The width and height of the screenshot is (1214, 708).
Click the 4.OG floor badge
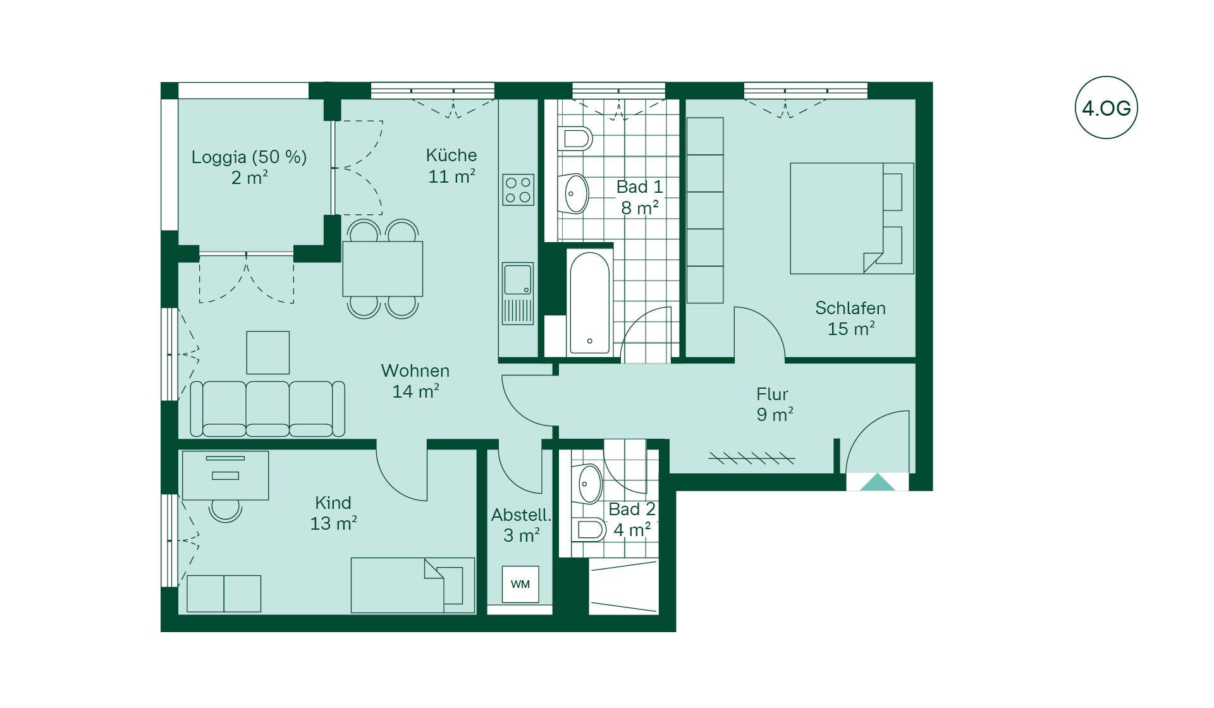click(x=1106, y=107)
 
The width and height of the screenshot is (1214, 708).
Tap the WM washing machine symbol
click(x=520, y=584)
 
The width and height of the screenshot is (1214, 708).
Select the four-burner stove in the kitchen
click(x=518, y=190)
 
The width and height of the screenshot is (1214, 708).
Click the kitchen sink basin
click(x=518, y=279)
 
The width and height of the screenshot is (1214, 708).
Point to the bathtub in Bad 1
click(x=589, y=303)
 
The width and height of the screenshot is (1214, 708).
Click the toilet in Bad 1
click(x=575, y=138)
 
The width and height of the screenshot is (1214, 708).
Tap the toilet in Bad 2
click(x=589, y=529)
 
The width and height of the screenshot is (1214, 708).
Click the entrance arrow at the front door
click(x=878, y=482)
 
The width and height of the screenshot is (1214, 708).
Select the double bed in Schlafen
click(x=852, y=218)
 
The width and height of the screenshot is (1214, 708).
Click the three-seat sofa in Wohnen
click(x=267, y=409)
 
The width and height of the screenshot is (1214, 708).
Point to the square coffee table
click(x=268, y=353)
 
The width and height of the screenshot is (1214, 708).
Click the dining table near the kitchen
click(x=383, y=269)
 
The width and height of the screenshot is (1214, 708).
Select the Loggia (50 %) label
click(x=249, y=157)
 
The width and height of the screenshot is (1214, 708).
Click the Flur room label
click(x=772, y=394)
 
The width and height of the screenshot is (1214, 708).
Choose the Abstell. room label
click(x=522, y=515)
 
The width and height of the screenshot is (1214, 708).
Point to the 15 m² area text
click(x=851, y=329)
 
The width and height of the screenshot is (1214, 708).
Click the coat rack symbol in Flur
click(x=751, y=458)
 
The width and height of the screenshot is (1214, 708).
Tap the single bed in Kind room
click(x=413, y=585)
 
